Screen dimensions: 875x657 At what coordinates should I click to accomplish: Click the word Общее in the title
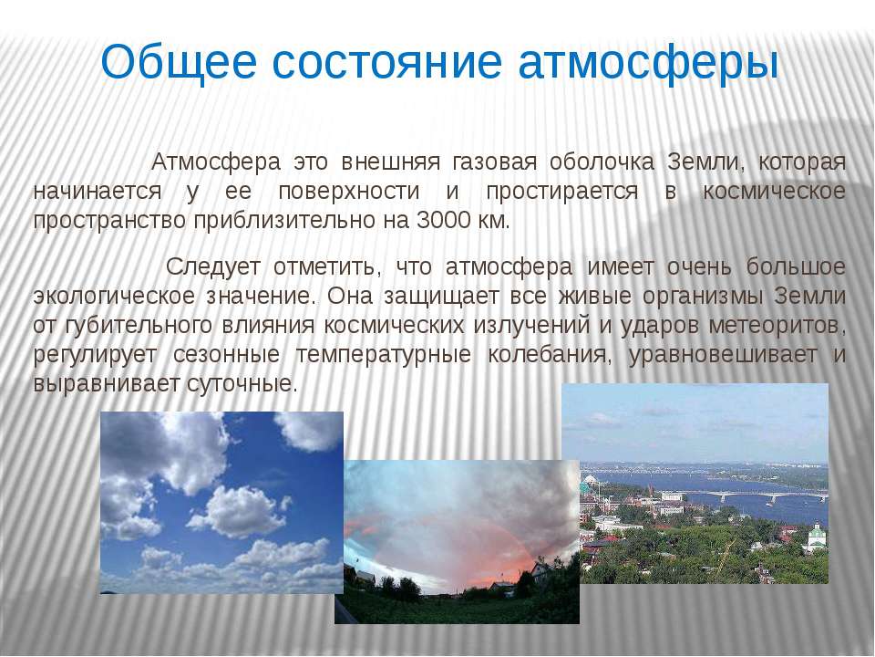178,63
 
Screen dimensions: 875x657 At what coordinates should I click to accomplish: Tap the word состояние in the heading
387,63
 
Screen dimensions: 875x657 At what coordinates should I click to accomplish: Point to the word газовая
495,162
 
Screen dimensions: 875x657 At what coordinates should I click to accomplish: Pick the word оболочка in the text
602,162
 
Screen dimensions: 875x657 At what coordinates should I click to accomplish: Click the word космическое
774,191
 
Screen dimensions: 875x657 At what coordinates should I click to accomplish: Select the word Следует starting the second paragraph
213,266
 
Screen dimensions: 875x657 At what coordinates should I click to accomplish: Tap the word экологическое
114,296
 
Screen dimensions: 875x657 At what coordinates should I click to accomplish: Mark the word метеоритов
777,325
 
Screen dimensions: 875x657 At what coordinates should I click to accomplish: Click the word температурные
384,355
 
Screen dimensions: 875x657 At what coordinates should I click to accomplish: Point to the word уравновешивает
723,355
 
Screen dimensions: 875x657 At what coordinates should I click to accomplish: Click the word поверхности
349,191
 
